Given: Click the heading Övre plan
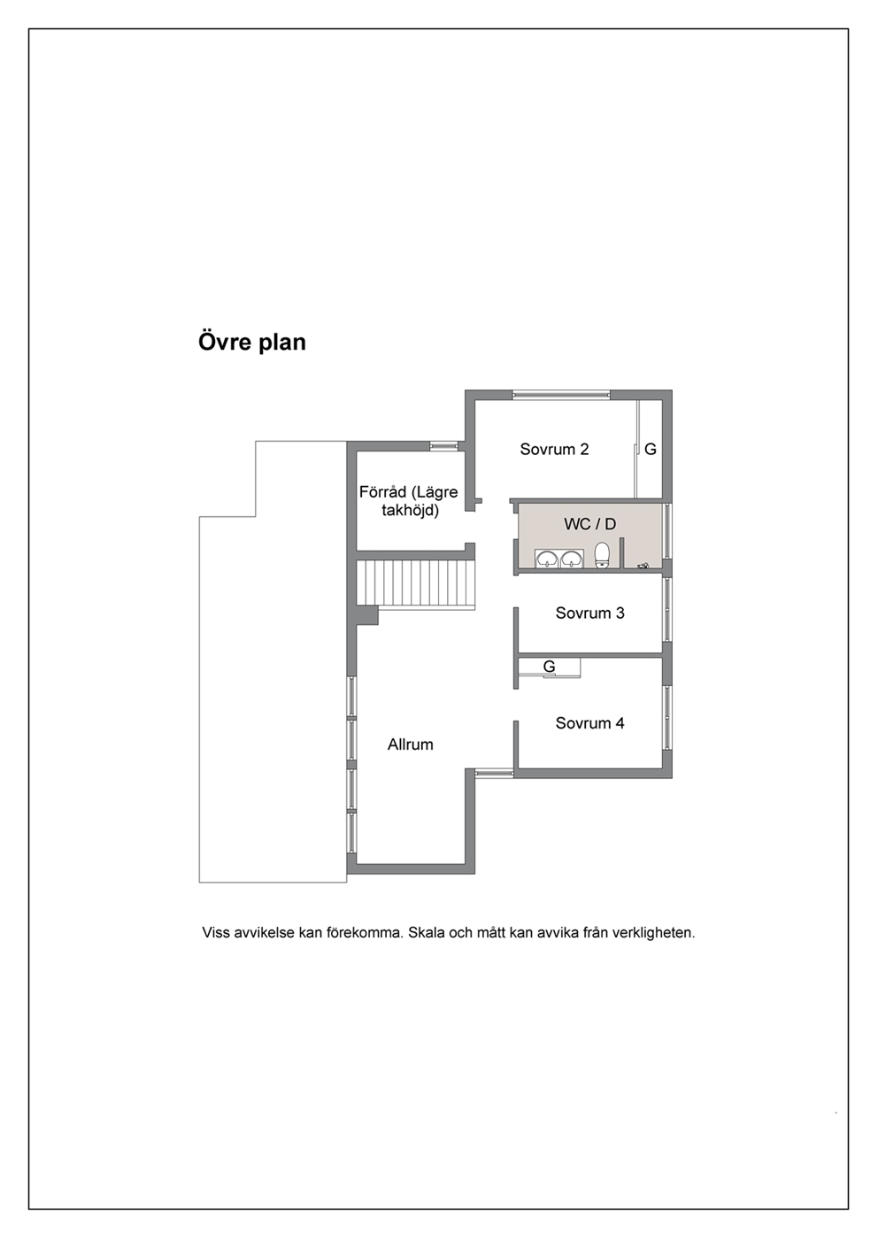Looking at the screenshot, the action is tap(252, 342).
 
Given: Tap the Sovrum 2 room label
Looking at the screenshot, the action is tap(554, 449).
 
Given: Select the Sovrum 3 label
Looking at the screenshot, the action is tap(589, 613).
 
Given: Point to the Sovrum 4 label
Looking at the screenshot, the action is tap(589, 723).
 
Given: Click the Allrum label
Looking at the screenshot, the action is tap(410, 744).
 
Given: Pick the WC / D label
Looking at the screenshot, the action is tap(589, 524).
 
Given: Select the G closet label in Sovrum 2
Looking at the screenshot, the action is tap(651, 449).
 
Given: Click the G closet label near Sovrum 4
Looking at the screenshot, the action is tap(549, 667).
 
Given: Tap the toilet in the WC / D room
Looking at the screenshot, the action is tap(602, 556).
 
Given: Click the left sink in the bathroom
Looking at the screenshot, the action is tap(547, 559).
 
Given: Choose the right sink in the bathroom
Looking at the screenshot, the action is tap(572, 559).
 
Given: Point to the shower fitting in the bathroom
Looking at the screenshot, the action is tap(643, 566).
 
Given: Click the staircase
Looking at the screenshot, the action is tap(416, 584).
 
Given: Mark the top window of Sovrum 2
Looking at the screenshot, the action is tap(561, 395).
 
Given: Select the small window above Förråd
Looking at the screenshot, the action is tap(444, 446).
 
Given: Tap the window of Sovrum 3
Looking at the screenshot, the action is tap(668, 610).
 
